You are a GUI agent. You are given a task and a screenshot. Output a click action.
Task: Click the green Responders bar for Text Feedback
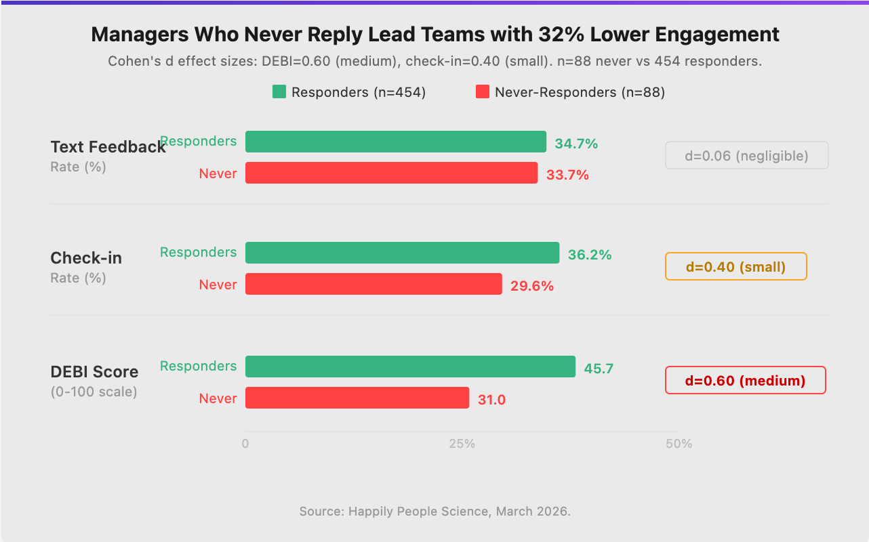(395, 142)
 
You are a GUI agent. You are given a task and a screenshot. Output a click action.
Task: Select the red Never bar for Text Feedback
(391, 173)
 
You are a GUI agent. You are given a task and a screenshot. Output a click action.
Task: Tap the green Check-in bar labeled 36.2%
(402, 253)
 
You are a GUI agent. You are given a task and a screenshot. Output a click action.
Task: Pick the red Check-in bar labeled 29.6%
(373, 284)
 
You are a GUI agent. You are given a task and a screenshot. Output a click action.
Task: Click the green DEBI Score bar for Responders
(410, 367)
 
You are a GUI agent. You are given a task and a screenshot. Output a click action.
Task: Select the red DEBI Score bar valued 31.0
(357, 398)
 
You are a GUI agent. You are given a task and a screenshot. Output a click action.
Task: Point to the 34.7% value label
(576, 144)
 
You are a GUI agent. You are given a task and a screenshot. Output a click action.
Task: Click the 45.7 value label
(599, 369)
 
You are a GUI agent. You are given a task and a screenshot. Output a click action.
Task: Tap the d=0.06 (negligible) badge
(746, 155)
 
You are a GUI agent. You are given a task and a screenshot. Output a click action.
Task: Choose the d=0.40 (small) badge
(735, 266)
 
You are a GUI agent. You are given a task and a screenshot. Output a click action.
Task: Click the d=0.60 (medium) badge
(745, 380)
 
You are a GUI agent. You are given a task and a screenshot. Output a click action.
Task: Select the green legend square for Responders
(279, 92)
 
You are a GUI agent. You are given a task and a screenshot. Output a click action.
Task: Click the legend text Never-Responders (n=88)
(580, 92)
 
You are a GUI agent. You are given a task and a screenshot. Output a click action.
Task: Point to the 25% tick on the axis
(462, 444)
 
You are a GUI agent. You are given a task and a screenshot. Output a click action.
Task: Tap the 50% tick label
(679, 444)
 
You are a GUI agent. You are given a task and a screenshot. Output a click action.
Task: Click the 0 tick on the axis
(245, 444)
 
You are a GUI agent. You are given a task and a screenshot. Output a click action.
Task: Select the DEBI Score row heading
(94, 371)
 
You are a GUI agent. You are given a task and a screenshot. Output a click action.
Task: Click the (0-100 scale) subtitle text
(94, 392)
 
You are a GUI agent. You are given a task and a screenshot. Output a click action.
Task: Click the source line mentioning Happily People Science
(435, 511)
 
